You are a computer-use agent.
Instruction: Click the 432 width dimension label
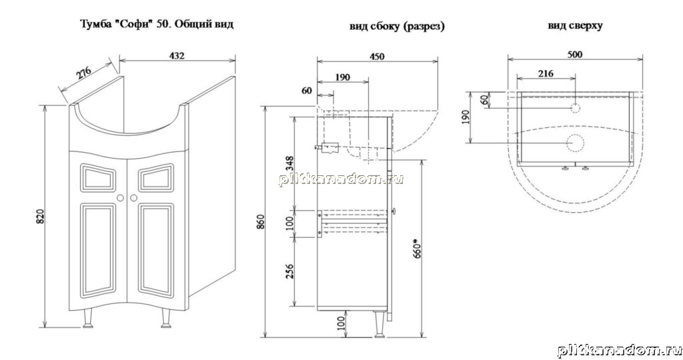(176, 56)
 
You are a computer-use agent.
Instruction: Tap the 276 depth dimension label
(85, 72)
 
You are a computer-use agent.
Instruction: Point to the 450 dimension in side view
(377, 56)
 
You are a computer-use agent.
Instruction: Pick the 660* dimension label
(416, 248)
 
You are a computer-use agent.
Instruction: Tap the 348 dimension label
(289, 164)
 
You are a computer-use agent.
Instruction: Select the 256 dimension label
(289, 271)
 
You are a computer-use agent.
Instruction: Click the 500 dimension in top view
(574, 55)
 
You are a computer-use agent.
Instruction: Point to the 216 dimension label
(546, 73)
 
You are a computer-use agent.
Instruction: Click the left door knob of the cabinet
(120, 197)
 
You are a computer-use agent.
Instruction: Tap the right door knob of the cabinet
(133, 197)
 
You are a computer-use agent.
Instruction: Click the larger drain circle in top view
(574, 142)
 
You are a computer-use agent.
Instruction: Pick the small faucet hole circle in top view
(575, 107)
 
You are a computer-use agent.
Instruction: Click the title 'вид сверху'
(575, 26)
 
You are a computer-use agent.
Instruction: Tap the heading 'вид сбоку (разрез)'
(397, 27)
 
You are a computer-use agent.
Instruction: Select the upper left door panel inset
(99, 177)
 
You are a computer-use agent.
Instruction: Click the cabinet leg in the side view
(379, 324)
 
